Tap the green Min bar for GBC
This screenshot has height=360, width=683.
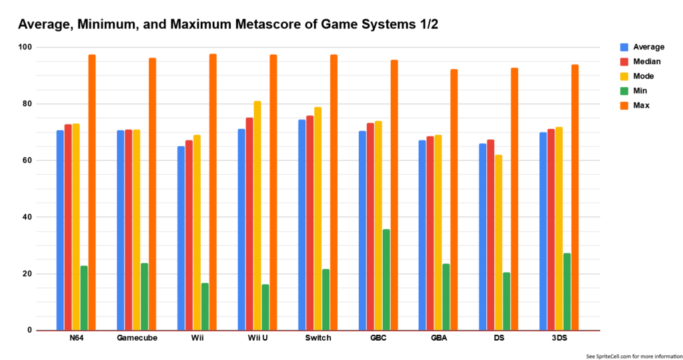pos(386,279)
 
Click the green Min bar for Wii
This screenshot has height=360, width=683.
pos(205,306)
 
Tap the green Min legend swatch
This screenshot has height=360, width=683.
pos(624,91)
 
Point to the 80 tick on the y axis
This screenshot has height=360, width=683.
pos(26,104)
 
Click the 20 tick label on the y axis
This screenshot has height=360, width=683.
pos(26,274)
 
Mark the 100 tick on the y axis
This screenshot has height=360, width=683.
pos(24,47)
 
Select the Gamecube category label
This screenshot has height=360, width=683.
pos(137,338)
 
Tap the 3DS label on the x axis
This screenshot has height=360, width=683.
pos(559,338)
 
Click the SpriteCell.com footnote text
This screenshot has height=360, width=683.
pos(630,356)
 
